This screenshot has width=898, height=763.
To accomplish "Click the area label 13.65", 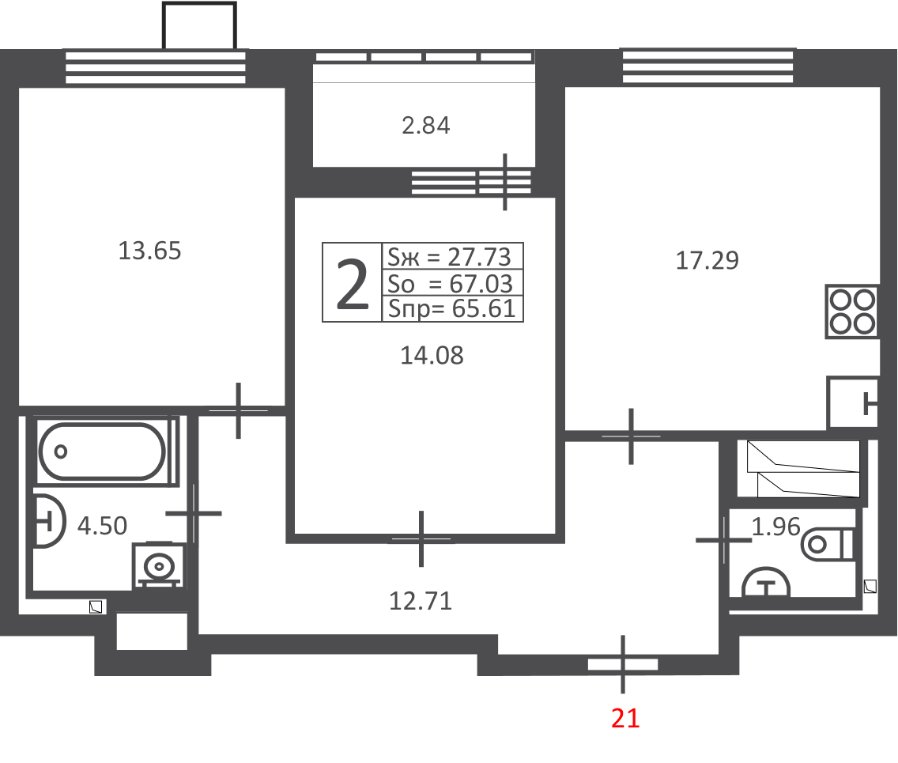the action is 149,251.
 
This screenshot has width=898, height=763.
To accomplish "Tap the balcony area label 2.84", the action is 425,126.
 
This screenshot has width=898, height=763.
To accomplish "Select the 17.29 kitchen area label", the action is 707,261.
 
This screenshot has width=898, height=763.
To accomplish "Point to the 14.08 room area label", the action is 432,356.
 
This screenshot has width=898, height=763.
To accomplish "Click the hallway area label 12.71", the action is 421,602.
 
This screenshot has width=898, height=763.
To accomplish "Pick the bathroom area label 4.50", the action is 102,526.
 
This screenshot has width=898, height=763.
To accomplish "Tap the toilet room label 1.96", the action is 775,527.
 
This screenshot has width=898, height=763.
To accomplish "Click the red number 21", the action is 624,718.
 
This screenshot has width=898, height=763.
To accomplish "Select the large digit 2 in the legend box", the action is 352,284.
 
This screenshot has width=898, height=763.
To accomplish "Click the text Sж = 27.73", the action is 449,257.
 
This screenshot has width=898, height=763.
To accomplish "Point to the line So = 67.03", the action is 450,284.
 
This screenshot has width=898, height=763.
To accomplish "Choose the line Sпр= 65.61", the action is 452,308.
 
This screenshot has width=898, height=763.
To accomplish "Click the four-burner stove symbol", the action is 852,311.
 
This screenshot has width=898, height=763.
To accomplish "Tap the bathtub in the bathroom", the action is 103,451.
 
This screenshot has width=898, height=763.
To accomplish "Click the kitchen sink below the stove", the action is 853,402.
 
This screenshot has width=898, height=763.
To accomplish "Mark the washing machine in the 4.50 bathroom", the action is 159,565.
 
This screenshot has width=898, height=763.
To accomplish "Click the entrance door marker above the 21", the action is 623,664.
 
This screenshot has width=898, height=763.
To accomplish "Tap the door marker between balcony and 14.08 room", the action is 504,182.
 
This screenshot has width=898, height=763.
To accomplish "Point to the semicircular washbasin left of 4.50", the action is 48,521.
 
